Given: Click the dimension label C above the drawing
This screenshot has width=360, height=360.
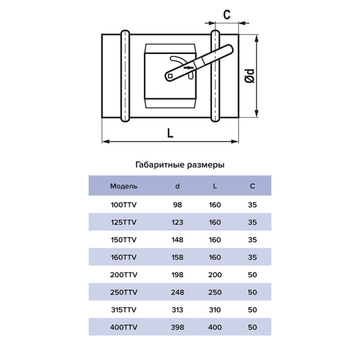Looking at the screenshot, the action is click(x=227, y=14).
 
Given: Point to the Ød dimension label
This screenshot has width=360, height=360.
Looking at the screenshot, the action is click(x=250, y=76).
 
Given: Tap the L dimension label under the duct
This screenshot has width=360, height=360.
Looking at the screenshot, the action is click(x=170, y=133).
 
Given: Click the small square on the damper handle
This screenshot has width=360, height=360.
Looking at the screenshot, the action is click(x=170, y=76).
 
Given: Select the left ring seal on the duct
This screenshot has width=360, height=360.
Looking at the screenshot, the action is click(x=125, y=76).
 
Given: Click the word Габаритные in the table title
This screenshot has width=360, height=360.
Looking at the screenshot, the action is click(x=160, y=165).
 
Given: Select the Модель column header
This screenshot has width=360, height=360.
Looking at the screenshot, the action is click(x=124, y=186).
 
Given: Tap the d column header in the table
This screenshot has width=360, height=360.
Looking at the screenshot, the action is click(x=177, y=186).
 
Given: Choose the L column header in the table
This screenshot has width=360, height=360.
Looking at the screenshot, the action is click(x=215, y=186).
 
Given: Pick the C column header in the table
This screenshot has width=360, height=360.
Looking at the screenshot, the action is click(x=253, y=186).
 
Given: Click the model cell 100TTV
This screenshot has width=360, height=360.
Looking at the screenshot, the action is click(x=124, y=205).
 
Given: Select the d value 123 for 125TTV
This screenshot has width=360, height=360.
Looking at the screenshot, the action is click(x=177, y=222).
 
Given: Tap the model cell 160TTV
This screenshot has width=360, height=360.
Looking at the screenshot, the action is click(x=124, y=257).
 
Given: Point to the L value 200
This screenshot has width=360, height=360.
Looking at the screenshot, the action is click(x=215, y=275).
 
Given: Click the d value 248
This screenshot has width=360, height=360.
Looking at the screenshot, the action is click(x=177, y=292).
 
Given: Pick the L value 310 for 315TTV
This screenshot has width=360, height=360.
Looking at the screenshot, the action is click(x=215, y=310).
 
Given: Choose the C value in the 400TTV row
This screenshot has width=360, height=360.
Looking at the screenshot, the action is click(x=253, y=327).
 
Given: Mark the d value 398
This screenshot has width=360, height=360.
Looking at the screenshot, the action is click(x=177, y=327).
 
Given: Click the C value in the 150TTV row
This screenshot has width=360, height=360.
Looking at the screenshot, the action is click(x=253, y=239).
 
